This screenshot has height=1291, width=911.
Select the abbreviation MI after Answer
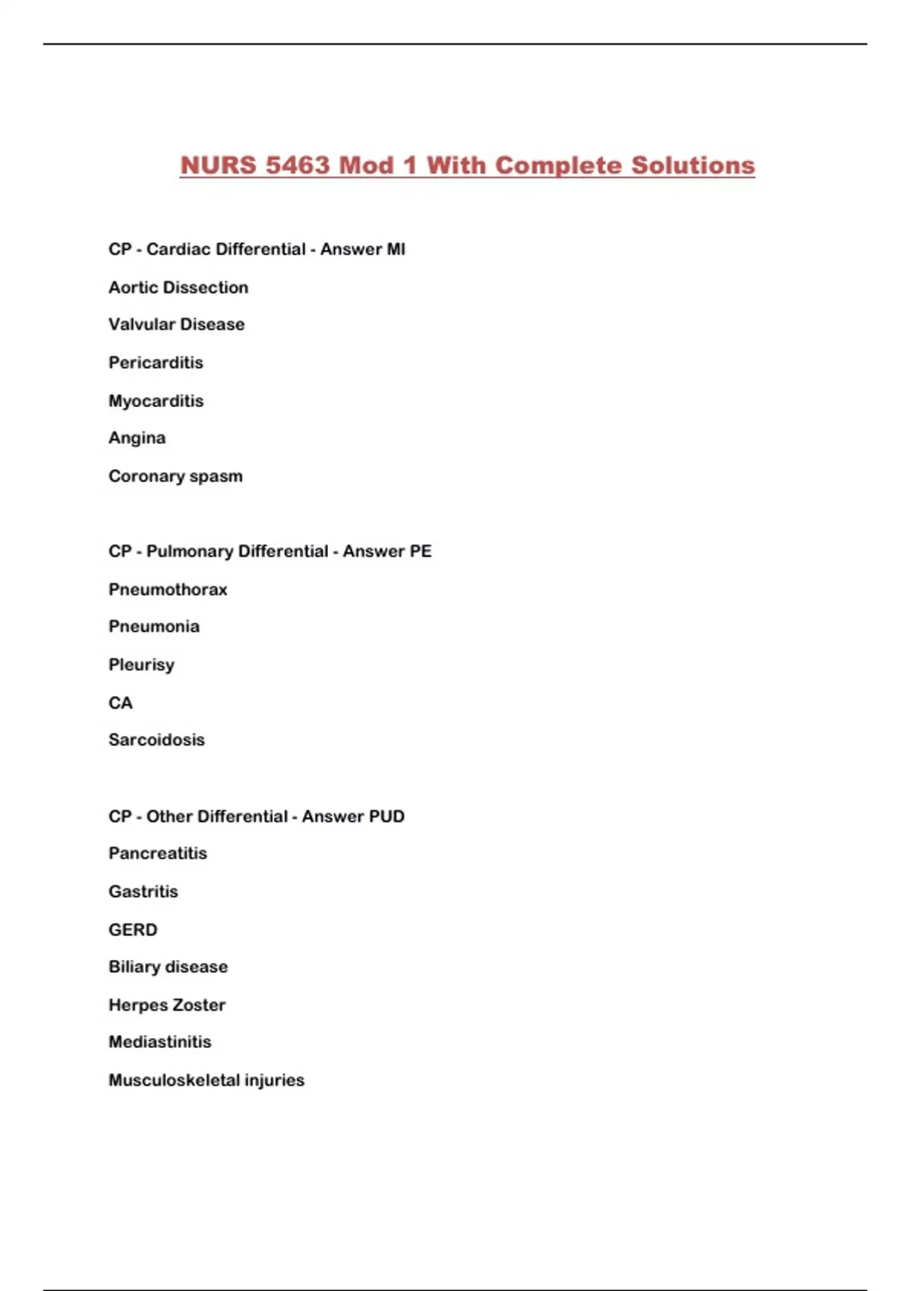[x=396, y=249]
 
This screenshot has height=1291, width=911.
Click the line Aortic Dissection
[x=178, y=287]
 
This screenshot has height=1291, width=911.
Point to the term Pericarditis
[x=156, y=362]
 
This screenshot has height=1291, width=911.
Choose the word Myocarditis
[x=156, y=400]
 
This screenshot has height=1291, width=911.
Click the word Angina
[x=137, y=437]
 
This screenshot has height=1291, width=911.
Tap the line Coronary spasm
[x=175, y=476]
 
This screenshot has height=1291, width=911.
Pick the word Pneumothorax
[x=168, y=589]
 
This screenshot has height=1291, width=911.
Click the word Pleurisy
[x=141, y=664]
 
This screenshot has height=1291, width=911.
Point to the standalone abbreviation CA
[x=121, y=702]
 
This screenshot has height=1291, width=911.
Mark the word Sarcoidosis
[x=156, y=740]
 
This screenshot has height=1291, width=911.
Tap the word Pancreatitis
[x=157, y=853]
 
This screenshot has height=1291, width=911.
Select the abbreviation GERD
[x=133, y=930]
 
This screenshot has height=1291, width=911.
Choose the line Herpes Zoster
[x=167, y=1005]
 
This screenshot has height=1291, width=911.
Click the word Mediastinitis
[x=159, y=1042]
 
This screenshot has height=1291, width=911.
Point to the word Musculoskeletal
[x=174, y=1080]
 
